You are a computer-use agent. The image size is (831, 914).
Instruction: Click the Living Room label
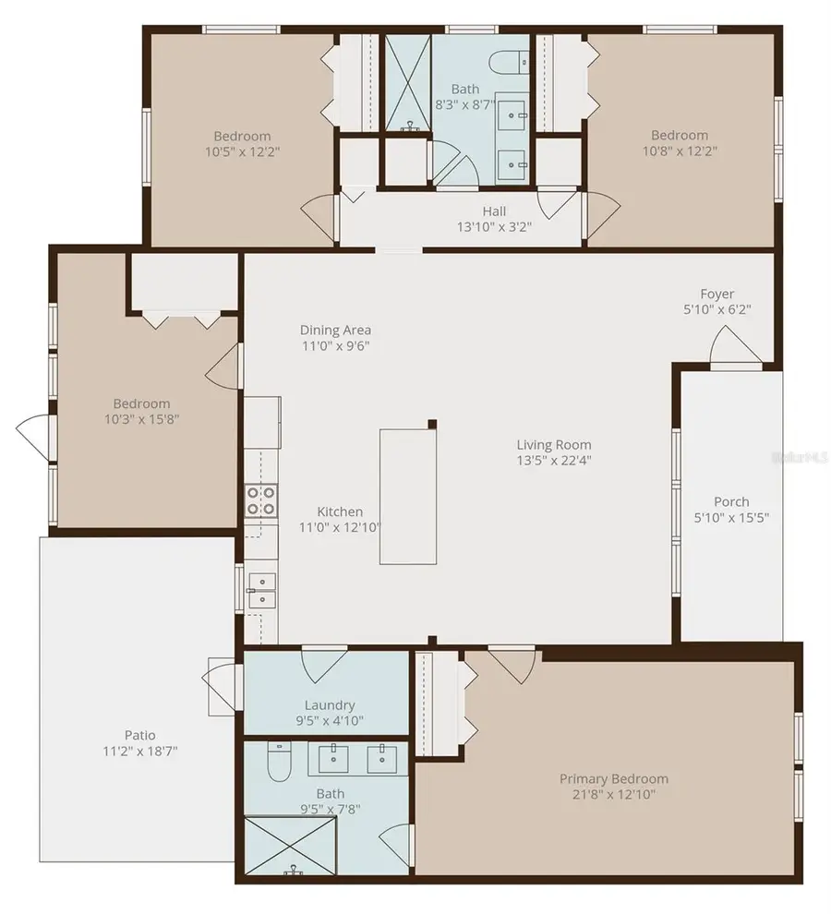(554, 445)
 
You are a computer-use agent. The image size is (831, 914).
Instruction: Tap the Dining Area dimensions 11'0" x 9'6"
(335, 346)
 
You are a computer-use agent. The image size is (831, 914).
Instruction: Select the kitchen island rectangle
(407, 496)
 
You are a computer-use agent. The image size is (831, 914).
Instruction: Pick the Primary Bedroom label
(613, 778)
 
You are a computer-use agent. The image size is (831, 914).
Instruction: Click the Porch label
(731, 501)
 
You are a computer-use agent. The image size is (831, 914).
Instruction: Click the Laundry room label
(330, 705)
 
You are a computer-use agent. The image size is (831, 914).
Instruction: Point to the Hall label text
(494, 211)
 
